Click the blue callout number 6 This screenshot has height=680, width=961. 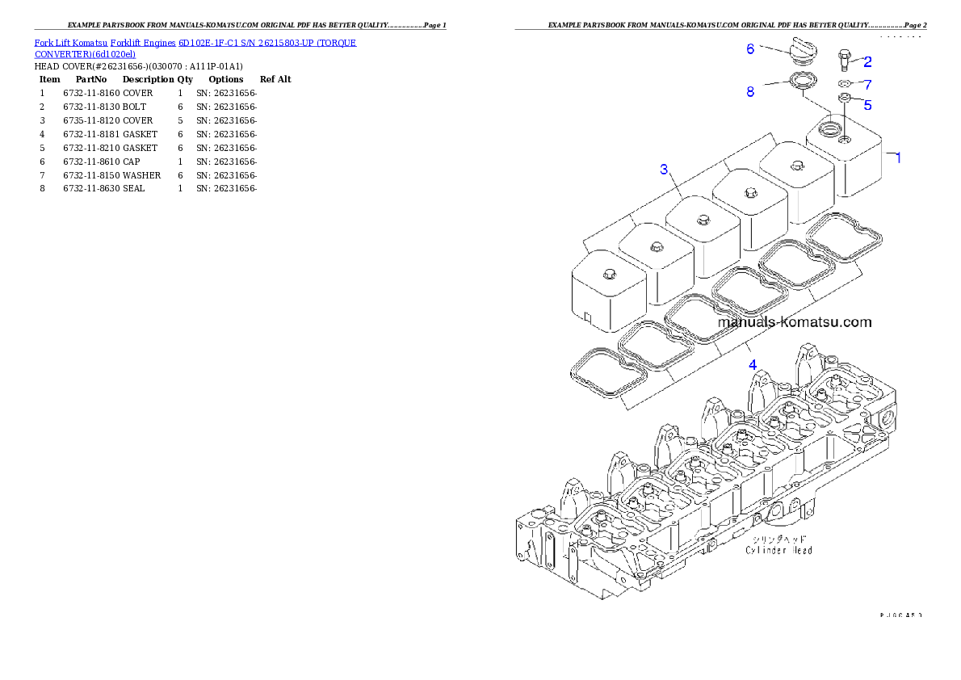coord(750,49)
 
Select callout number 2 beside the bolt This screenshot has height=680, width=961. coord(867,61)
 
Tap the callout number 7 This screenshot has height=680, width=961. coord(867,84)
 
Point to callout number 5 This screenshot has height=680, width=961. coord(867,104)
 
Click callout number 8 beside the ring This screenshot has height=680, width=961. coord(750,92)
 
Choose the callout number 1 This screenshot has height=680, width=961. coord(897,157)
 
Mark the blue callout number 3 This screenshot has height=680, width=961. coord(664,169)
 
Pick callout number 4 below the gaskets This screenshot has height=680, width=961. coord(753,364)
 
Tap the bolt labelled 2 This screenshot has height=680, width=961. coord(844,59)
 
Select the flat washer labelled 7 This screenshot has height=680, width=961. coord(844,84)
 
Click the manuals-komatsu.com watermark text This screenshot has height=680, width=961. coord(795,322)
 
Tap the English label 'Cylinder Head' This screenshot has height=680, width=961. coord(778,550)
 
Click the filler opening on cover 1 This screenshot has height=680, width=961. coord(829,128)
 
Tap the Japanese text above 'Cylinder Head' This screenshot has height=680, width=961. coord(778,538)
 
